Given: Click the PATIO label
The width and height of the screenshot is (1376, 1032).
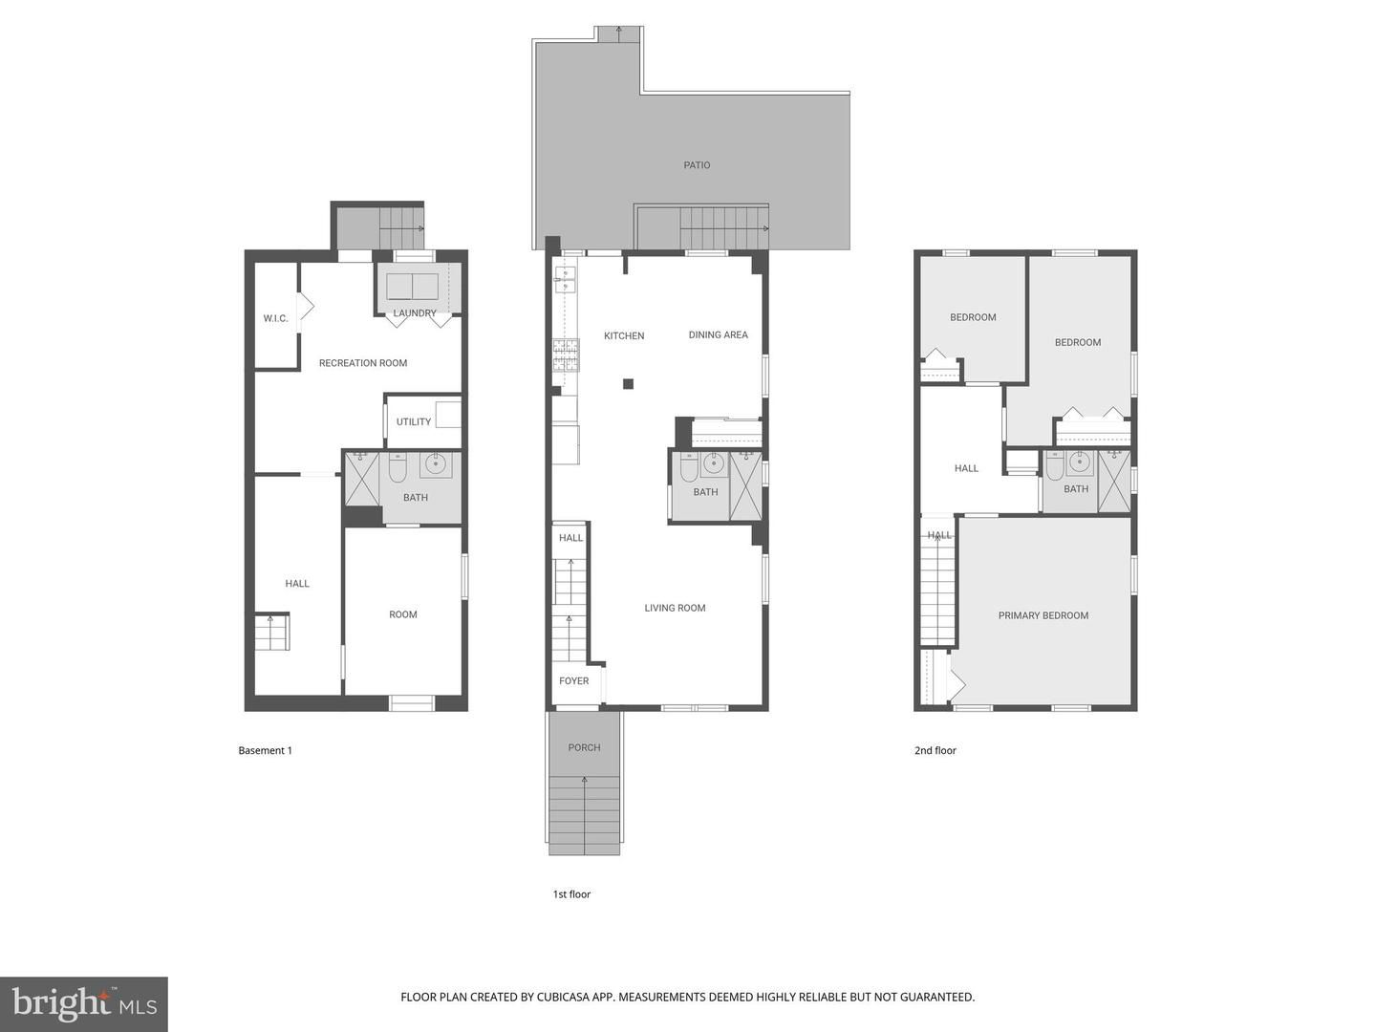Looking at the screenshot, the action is point(697,165).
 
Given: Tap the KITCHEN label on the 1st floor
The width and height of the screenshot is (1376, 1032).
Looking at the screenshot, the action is point(624,335).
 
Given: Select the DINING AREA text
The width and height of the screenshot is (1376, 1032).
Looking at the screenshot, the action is point(718,334).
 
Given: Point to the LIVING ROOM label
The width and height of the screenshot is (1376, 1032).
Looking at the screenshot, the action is point(675,608).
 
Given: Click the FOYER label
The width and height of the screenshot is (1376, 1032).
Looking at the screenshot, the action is point(573,681).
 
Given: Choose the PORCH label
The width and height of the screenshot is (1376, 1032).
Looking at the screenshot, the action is point(584,747).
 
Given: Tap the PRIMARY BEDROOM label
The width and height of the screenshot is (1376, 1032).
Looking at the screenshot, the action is point(1043,616).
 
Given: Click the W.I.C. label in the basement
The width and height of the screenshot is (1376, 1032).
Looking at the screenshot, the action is point(275,318).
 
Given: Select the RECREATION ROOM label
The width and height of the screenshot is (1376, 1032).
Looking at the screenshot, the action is point(363,363).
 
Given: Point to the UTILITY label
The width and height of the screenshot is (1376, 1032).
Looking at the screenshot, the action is point(413,421).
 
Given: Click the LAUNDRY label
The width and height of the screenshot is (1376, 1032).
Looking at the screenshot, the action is point(415,312).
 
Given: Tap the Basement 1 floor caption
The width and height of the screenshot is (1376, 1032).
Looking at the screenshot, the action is point(266,750).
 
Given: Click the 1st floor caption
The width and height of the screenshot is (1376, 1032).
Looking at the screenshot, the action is point(571,894).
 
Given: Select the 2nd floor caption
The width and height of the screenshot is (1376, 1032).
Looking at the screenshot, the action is point(935,750).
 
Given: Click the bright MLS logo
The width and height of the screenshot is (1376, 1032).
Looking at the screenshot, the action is point(84,1004).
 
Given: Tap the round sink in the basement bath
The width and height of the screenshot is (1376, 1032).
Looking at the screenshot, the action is point(435,464).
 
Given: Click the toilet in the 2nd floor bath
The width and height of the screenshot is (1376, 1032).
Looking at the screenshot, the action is point(1055,467).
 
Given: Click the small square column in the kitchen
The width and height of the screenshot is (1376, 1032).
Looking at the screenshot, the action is point(628,384).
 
